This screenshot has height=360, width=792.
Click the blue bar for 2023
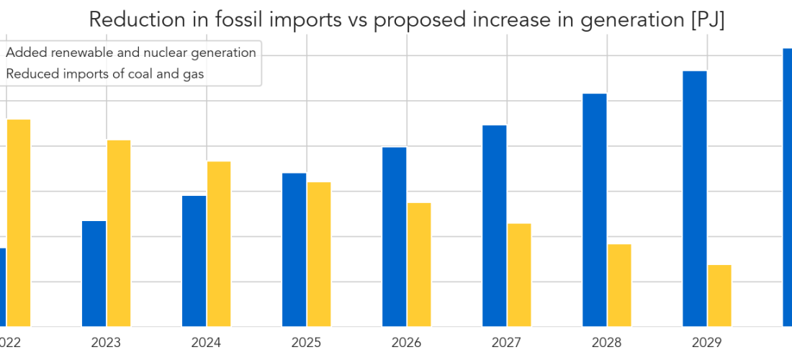pos(94,274)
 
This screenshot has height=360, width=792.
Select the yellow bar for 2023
pos(119,233)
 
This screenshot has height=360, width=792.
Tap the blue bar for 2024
pos(194,261)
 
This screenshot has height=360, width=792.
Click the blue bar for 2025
pos(294,250)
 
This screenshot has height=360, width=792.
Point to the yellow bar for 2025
pos(319,254)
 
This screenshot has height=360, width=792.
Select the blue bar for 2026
pos(394,237)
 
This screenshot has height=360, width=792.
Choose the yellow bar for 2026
pos(419,264)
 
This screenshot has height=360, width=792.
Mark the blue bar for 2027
pos(494,226)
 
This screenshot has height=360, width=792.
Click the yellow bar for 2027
pos(519,275)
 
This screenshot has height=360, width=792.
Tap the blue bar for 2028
pos(594,210)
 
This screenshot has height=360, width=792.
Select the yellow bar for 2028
pos(619,285)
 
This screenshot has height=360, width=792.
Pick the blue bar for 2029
pos(694,199)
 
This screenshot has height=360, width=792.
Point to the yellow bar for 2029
pos(719,295)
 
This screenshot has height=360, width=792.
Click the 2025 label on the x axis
pos(307,343)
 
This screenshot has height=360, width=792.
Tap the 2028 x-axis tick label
pos(607,343)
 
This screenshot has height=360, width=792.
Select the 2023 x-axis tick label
pos(107,343)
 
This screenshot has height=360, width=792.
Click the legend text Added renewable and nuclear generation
pos(131,53)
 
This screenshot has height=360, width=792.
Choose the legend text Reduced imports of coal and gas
pos(105,73)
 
